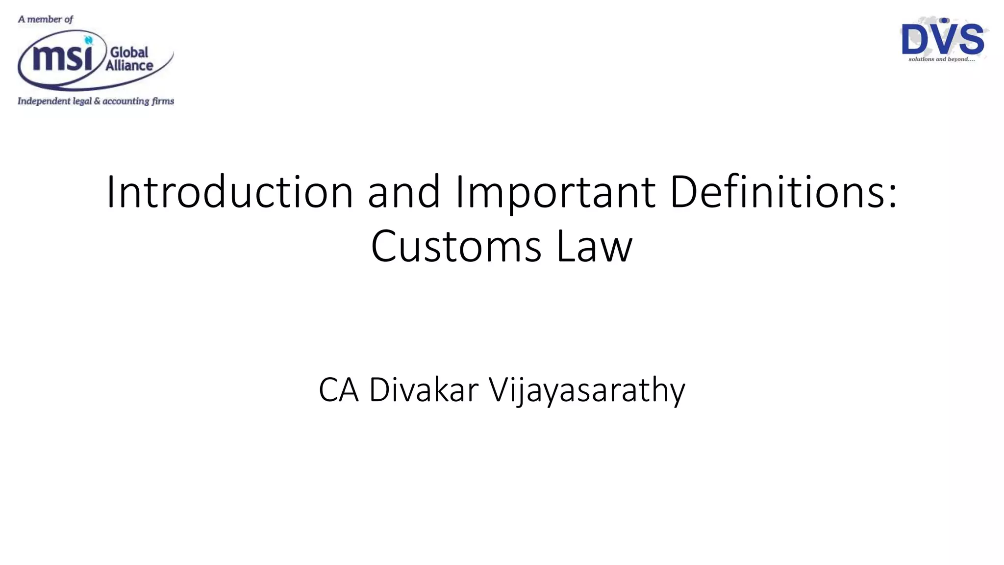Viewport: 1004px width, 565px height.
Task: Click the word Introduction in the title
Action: click(229, 192)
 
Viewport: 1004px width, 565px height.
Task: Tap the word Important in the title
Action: click(555, 192)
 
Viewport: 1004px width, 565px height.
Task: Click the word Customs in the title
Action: click(456, 246)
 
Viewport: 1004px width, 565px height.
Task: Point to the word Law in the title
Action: click(594, 246)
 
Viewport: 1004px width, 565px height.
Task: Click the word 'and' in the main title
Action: click(404, 192)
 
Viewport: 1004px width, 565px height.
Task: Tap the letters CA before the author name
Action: click(338, 390)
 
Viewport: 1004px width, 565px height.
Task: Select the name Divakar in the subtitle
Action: click(424, 390)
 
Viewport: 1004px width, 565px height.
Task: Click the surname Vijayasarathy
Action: click(587, 390)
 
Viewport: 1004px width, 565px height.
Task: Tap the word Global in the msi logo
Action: click(129, 52)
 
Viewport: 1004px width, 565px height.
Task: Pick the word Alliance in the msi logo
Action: click(129, 66)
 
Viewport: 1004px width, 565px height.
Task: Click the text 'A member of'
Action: click(45, 20)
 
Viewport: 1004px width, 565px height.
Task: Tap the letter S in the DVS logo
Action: click(971, 40)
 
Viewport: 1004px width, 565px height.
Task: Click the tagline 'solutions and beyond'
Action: click(941, 59)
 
